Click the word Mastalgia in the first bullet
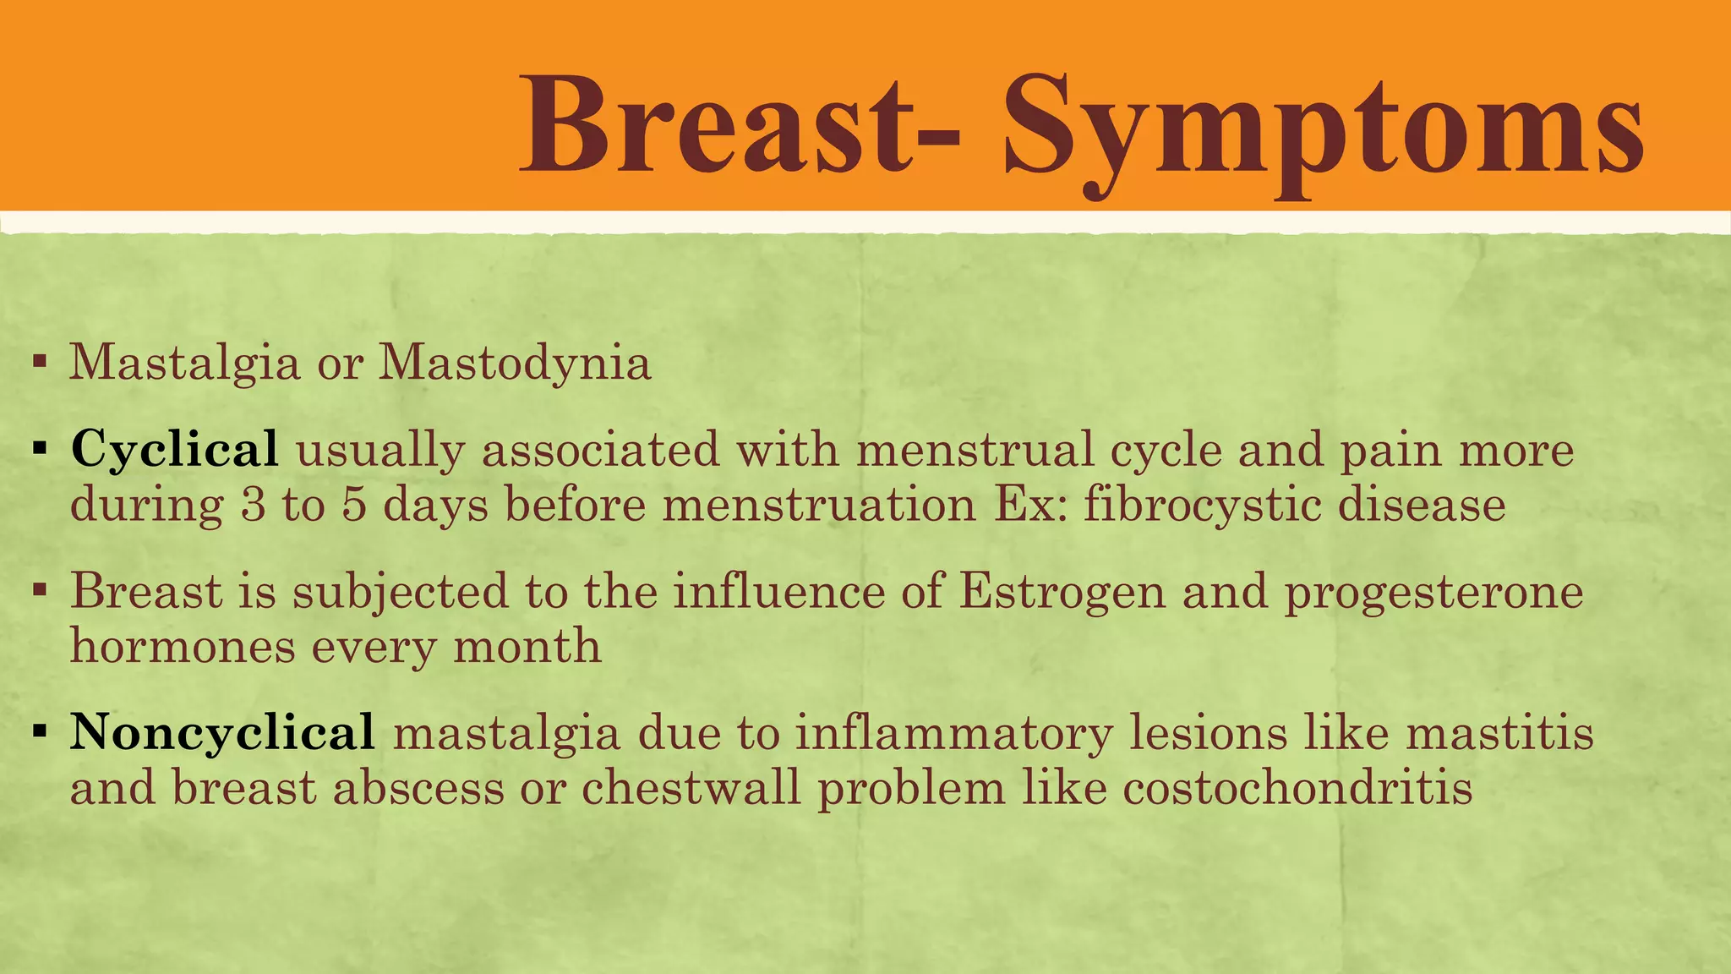[x=184, y=364]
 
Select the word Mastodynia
[x=514, y=364]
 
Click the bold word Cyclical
[x=175, y=449]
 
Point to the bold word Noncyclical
[x=222, y=732]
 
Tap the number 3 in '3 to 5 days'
[x=253, y=506]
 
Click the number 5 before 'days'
[x=354, y=506]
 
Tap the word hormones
[x=182, y=647]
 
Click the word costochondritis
[x=1297, y=788]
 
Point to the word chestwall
[x=691, y=788]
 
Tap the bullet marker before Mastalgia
[x=38, y=364]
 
